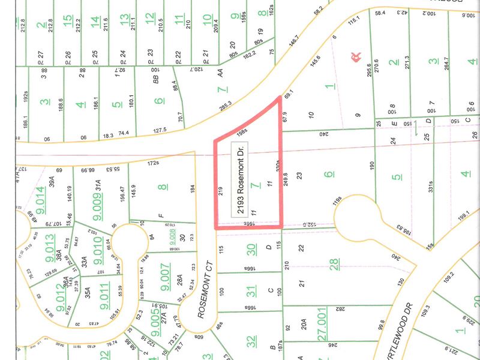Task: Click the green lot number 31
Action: click(251, 291)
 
